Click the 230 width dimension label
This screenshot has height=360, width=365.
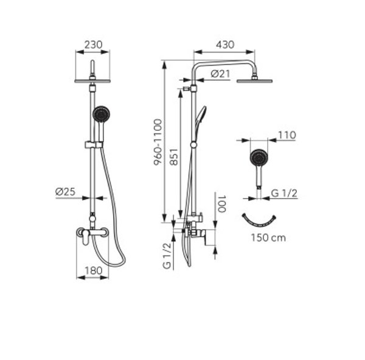93,44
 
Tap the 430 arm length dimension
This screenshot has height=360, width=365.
225,44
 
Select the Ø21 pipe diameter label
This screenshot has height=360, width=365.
220,74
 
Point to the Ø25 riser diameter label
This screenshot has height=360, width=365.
66,192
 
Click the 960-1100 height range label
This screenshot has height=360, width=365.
158,142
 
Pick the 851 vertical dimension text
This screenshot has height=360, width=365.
173,157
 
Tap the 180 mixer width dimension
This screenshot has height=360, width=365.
93,270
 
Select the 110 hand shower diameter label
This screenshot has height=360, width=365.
287,135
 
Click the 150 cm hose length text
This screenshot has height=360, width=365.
268,238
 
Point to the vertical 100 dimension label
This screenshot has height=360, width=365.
222,204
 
